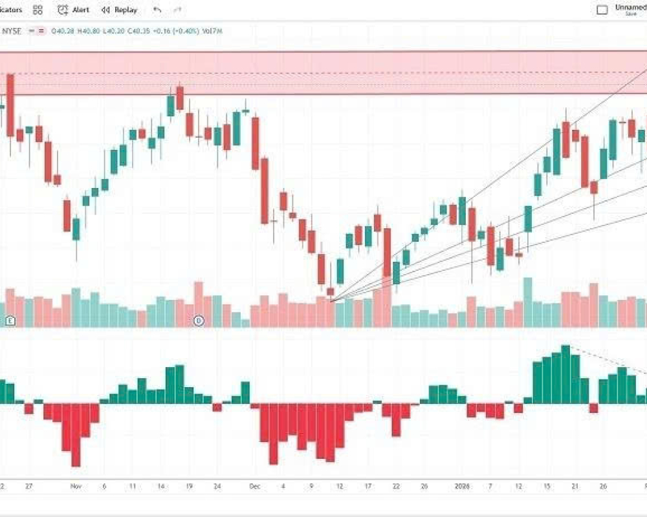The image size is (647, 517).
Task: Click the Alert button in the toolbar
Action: tap(73, 10)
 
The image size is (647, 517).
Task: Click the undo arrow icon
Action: tap(157, 10)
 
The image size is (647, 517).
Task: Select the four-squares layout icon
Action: tap(38, 10)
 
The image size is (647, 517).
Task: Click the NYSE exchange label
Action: tap(13, 30)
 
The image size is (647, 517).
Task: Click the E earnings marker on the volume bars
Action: tap(10, 321)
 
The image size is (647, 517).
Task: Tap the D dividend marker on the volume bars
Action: tap(199, 321)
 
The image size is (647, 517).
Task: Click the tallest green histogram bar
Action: tap(565, 375)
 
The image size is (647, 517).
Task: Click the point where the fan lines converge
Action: tap(331, 301)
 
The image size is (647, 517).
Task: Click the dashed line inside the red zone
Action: tap(323, 72)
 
